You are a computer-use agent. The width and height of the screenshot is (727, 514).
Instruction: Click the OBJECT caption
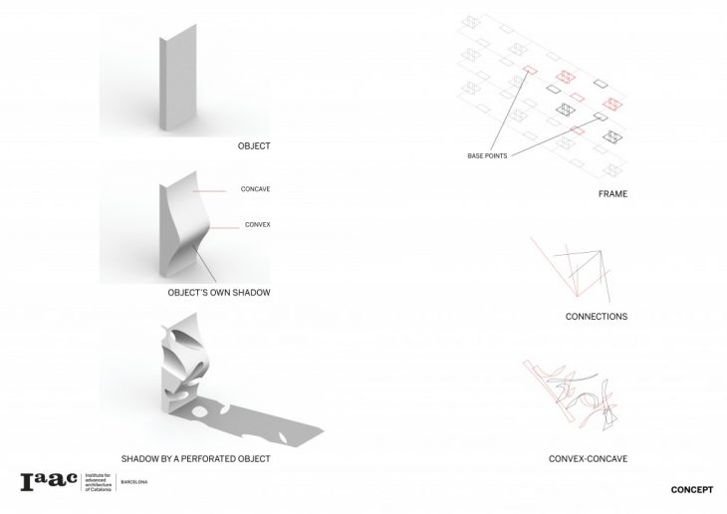[254, 146]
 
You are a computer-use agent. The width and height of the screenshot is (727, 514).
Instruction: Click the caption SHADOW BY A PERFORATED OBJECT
[196, 459]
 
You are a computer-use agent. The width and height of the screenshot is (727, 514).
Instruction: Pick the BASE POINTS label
[488, 156]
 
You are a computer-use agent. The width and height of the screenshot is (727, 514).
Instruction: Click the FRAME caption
[612, 193]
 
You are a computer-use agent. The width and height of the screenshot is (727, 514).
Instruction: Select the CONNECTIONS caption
[596, 317]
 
